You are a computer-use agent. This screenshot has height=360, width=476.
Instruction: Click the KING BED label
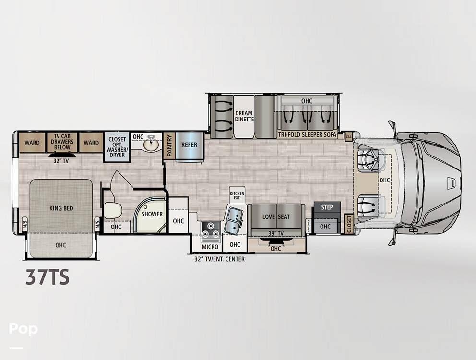tap(60, 209)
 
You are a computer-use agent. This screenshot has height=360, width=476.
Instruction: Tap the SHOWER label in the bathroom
tap(152, 214)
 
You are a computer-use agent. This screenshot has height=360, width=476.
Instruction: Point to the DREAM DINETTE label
tap(244, 116)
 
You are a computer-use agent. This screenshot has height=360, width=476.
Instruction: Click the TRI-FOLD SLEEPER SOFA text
tap(307, 135)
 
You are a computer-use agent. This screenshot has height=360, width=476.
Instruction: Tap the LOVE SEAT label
tap(276, 217)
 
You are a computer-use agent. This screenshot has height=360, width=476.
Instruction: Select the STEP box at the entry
tap(327, 207)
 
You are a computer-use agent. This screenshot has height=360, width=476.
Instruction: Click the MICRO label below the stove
tap(210, 247)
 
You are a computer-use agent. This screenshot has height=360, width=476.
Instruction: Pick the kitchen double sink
tap(233, 220)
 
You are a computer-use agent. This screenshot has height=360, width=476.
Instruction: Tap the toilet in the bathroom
tap(112, 210)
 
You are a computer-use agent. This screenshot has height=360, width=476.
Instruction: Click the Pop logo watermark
tap(23, 329)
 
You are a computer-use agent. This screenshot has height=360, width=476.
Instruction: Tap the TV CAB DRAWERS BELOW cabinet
tap(62, 142)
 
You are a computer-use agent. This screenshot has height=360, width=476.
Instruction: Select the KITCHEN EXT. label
tap(237, 195)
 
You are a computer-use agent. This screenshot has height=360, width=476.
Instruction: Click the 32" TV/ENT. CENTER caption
tap(216, 259)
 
